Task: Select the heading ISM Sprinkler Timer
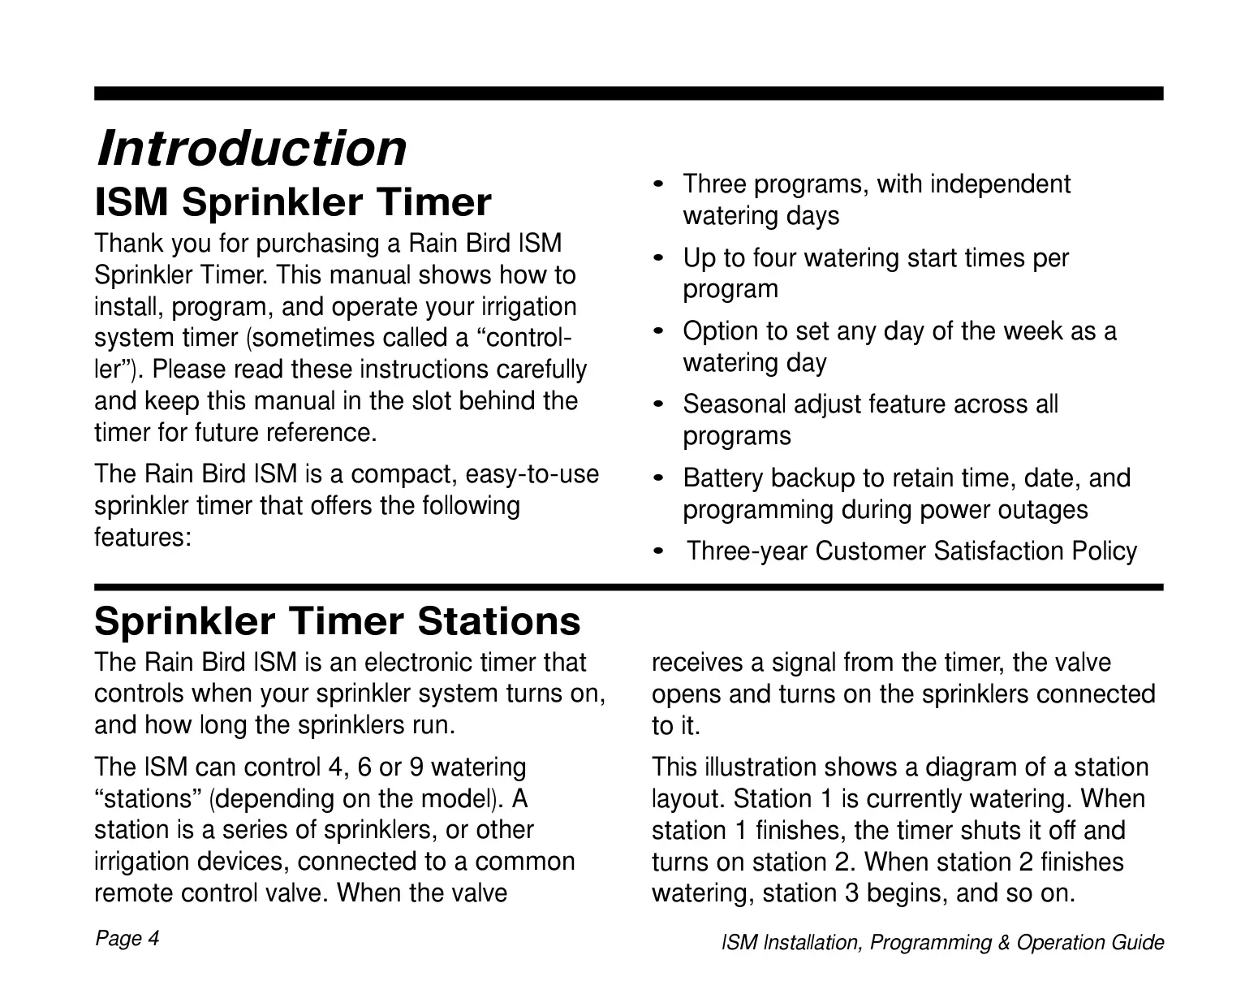[x=293, y=202]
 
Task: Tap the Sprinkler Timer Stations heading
[x=338, y=620]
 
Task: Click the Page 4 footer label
[x=127, y=939]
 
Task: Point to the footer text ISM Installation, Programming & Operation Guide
[x=943, y=943]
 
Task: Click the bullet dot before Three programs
[x=659, y=184]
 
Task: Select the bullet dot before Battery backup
[x=659, y=478]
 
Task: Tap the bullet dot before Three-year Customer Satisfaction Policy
[x=659, y=551]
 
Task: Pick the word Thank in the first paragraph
[x=129, y=244]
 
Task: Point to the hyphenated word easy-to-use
[x=532, y=475]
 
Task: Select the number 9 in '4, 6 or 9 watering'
[x=417, y=767]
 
